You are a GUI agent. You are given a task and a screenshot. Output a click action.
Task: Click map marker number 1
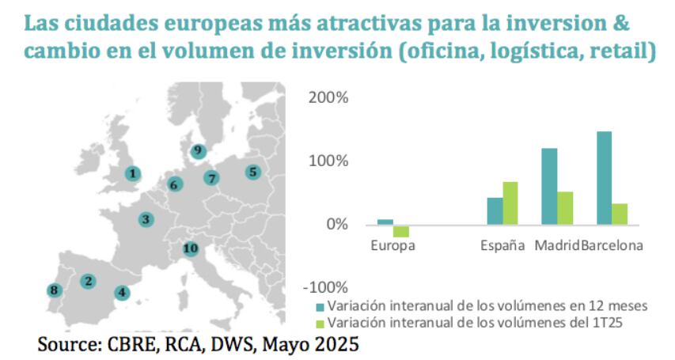point(134,173)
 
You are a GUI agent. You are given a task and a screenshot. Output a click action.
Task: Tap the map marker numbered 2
point(89,280)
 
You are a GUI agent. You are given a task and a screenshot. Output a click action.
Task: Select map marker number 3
point(146,219)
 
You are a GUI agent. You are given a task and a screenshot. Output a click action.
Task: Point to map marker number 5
point(252,171)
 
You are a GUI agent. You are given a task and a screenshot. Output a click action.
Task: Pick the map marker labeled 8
point(53,290)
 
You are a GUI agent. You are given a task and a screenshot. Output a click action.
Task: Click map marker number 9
point(198,150)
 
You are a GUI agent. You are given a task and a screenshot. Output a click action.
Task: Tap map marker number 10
point(189,248)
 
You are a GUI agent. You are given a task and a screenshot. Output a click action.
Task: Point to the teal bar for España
point(495,210)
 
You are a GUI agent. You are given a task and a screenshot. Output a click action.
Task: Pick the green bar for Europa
point(401,231)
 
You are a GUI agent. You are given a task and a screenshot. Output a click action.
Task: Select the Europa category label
point(393,245)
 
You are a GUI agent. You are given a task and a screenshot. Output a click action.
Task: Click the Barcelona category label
point(612,245)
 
